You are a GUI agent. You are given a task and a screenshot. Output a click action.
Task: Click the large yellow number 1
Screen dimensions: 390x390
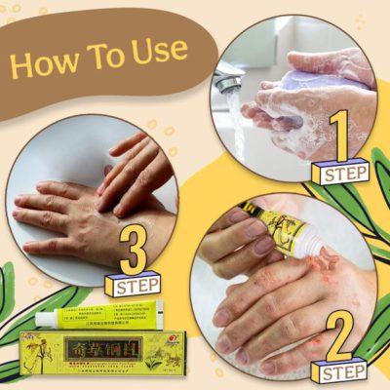[338, 136]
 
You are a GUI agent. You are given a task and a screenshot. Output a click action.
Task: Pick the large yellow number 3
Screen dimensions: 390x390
[135, 251]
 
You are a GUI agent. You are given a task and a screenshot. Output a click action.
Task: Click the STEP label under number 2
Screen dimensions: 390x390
[338, 370]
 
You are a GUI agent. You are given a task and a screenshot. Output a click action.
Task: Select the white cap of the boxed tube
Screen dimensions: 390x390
[44, 318]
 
